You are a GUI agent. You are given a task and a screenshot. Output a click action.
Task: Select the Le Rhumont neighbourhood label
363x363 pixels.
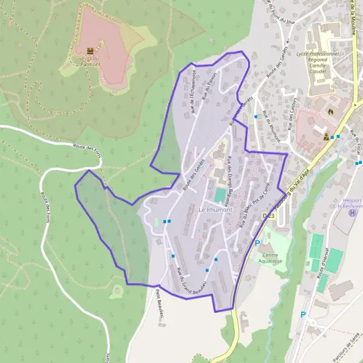point(215,209)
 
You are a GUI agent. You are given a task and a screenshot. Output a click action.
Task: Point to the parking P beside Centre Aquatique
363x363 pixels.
point(257,243)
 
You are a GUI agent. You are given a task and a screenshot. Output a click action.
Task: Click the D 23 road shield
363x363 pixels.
point(269,215)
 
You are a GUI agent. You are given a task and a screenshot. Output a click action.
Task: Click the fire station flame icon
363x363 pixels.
point(330,111)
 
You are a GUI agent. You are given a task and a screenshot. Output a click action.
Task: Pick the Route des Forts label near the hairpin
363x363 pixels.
point(86,148)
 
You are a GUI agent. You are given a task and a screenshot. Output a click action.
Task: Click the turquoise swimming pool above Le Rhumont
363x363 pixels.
point(219,195)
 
